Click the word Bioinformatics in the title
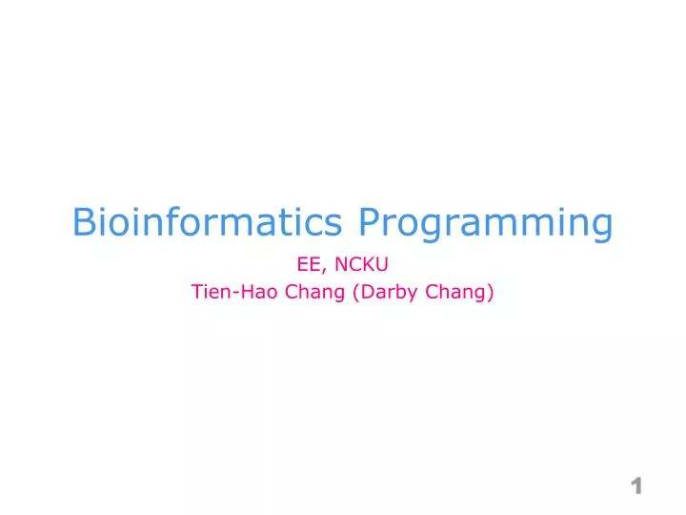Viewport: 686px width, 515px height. point(207,222)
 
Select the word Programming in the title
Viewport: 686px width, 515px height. point(485,224)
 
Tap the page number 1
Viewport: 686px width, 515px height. point(636,486)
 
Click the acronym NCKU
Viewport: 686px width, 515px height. point(362,266)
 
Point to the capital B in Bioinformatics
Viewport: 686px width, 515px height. point(84,222)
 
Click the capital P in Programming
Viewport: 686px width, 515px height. point(370,222)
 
